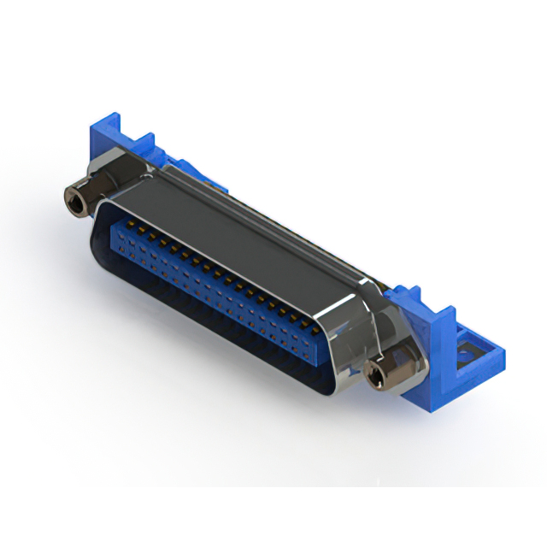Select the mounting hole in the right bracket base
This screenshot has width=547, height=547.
pos(471,349)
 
